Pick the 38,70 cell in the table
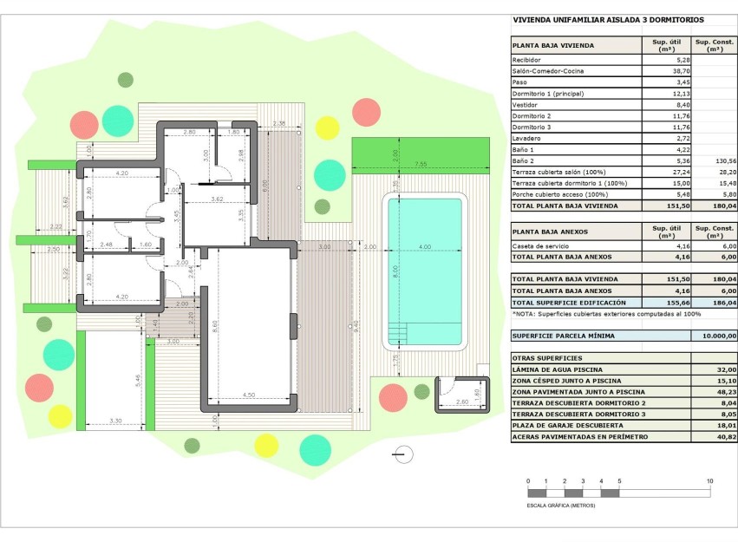[658, 70]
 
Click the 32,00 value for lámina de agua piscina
[725, 369]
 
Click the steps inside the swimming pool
[399, 332]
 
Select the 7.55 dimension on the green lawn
[421, 164]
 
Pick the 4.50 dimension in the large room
[249, 396]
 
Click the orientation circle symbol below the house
[402, 453]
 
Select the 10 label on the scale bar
[709, 481]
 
